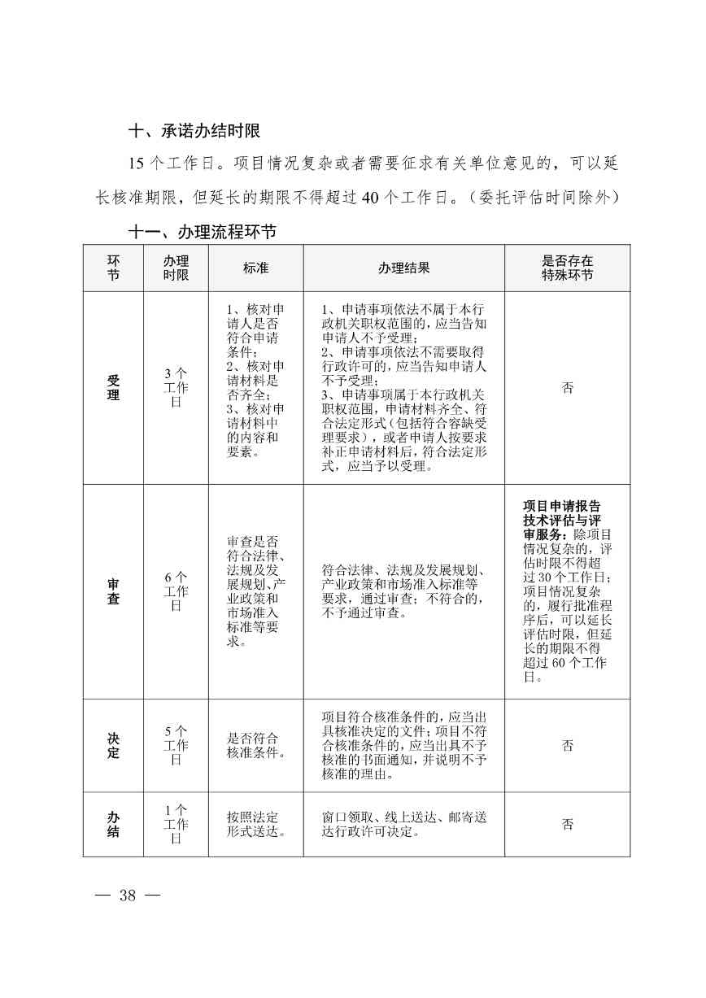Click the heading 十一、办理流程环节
(x=203, y=233)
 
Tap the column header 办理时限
(x=176, y=268)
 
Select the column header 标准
(x=255, y=268)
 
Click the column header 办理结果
(x=403, y=268)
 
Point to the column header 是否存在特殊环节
(x=567, y=268)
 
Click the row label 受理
(x=113, y=388)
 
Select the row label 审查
(x=113, y=591)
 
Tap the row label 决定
(x=113, y=746)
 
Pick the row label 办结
(x=113, y=824)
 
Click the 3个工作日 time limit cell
(x=176, y=388)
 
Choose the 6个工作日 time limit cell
(x=176, y=591)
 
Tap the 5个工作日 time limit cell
(x=176, y=746)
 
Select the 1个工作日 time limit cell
(x=176, y=824)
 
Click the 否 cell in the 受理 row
(x=567, y=388)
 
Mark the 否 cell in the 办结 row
(x=567, y=824)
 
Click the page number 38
(x=127, y=896)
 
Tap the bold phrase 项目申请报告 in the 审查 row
(x=562, y=505)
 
